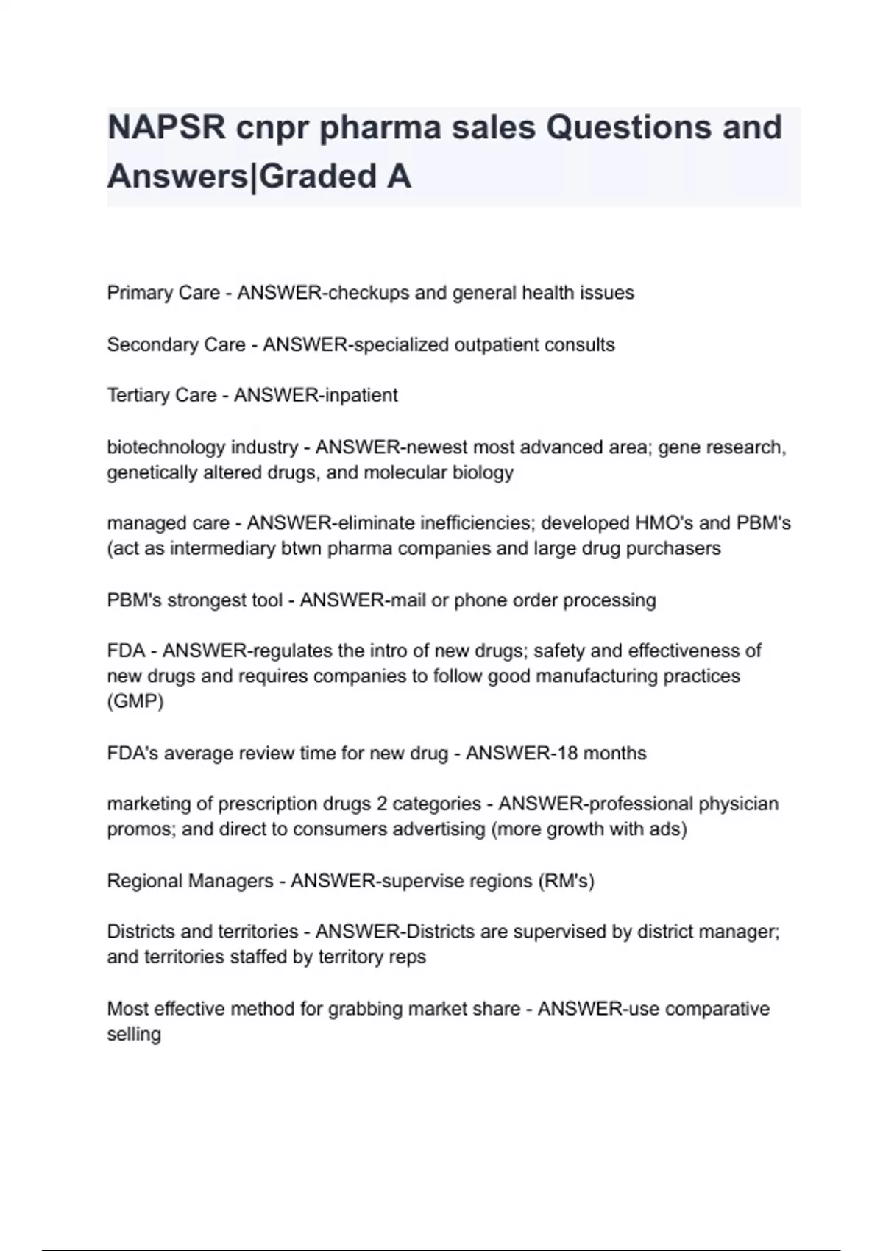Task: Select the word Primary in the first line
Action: tap(137, 293)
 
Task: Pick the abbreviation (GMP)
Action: tap(135, 701)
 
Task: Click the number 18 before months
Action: tap(566, 754)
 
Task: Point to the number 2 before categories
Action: tap(381, 804)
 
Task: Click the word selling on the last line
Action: tap(134, 1034)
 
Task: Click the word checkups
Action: tap(369, 293)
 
